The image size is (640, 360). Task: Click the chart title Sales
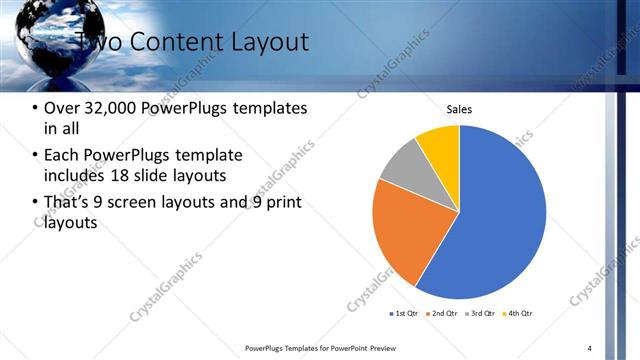459,109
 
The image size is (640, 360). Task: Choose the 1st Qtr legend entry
405,314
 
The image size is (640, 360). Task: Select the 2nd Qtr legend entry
444,314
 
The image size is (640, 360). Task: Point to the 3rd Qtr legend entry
482,314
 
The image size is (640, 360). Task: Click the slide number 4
590,348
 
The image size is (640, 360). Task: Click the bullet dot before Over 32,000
36,108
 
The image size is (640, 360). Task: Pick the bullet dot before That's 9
36,204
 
